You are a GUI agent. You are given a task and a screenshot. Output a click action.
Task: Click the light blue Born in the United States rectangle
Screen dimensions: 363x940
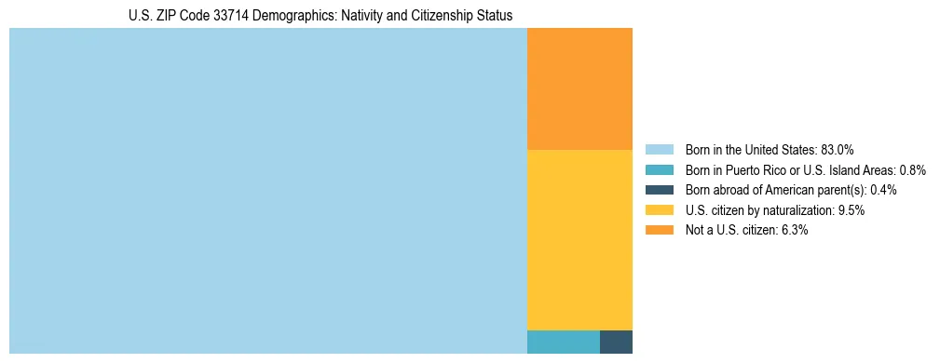click(268, 191)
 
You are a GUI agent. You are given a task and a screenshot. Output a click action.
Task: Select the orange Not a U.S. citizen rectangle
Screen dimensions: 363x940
click(579, 88)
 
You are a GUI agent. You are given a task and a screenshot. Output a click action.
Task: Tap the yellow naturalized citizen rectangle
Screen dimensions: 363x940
click(579, 239)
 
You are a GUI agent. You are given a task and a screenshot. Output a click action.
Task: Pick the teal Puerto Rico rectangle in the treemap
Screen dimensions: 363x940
click(563, 342)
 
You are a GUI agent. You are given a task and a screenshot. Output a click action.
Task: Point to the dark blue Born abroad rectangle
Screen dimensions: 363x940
click(616, 342)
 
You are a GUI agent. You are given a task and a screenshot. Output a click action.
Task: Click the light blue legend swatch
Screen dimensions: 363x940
click(659, 149)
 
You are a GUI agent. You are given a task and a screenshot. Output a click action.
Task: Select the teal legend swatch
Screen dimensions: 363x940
click(659, 169)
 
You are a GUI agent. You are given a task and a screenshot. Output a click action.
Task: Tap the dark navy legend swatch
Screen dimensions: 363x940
click(659, 190)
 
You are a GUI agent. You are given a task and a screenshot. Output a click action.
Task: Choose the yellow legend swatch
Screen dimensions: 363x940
click(659, 210)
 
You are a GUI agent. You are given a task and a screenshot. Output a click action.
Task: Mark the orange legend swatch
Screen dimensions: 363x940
click(659, 231)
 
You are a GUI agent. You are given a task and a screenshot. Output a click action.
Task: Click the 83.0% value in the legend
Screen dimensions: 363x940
click(838, 149)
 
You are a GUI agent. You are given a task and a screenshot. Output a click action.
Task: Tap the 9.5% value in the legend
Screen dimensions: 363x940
click(851, 210)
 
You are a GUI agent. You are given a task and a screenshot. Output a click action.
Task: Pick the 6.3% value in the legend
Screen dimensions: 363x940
click(794, 231)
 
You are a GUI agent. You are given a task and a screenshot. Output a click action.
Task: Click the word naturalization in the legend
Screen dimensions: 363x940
click(800, 210)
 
